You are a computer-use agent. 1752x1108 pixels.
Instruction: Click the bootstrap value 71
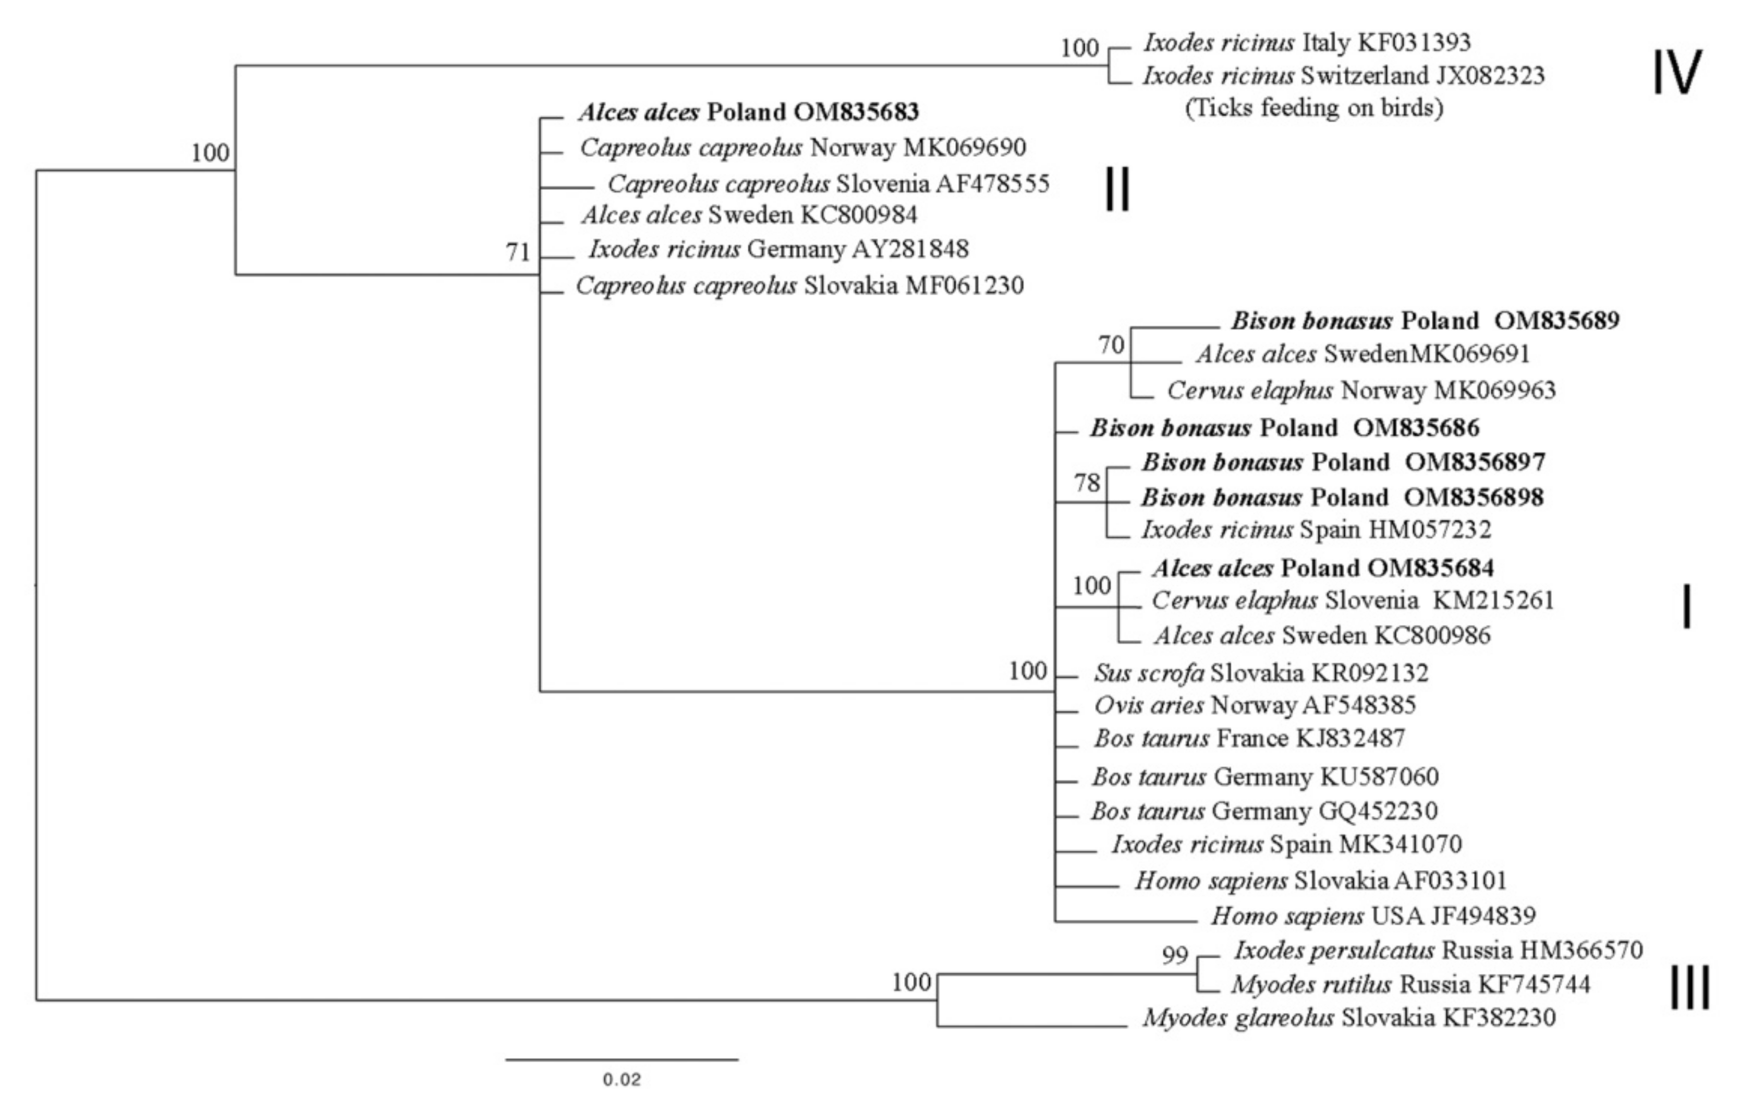[518, 252]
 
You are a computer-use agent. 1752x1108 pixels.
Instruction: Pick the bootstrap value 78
[1087, 483]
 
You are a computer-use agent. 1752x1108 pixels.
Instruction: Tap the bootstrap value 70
[1111, 344]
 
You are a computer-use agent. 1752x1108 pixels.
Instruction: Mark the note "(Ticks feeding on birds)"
[1314, 108]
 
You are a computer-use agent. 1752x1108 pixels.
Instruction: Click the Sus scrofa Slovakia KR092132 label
[1261, 672]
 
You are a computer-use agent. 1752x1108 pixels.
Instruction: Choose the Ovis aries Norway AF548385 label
[1255, 705]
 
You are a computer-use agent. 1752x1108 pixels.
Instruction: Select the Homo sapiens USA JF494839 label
[1373, 915]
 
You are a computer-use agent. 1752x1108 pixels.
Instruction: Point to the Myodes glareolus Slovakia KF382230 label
[1349, 1017]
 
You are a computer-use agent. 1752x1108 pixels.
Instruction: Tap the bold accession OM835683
[856, 112]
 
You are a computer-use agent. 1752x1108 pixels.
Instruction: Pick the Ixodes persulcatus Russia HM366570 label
[1438, 950]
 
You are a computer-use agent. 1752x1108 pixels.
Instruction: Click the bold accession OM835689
[1557, 320]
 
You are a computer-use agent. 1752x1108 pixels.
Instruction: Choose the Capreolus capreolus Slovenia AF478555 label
[829, 184]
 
